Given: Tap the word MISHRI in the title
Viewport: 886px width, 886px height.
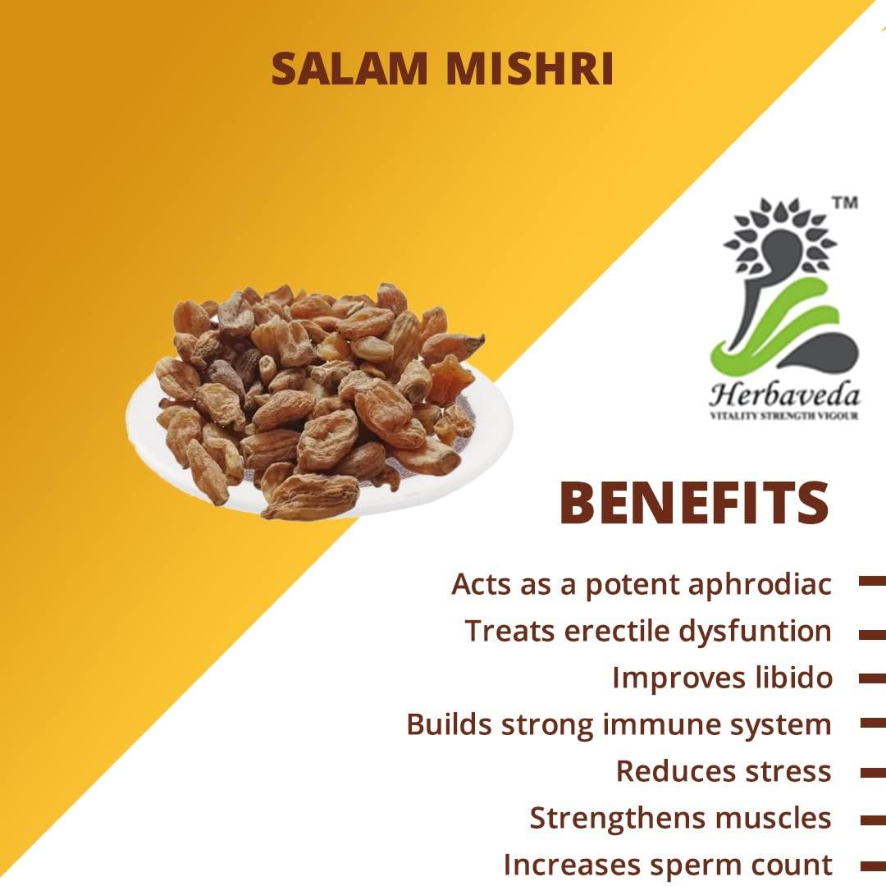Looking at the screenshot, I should tap(529, 70).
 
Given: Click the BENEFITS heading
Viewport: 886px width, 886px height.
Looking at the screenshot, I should tap(694, 504).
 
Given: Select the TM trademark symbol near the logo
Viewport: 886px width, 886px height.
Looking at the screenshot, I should tap(845, 203).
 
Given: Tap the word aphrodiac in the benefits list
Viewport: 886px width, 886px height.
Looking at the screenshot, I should tap(760, 585).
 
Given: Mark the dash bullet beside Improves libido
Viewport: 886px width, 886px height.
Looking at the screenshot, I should tap(871, 679).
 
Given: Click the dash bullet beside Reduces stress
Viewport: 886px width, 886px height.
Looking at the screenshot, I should tap(871, 773).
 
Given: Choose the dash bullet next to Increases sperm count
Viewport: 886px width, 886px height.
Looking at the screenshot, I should tap(871, 865).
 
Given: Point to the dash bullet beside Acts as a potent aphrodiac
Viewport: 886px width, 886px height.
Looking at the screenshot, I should tap(871, 581).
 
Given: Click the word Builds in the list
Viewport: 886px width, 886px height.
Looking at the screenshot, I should tap(449, 724).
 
